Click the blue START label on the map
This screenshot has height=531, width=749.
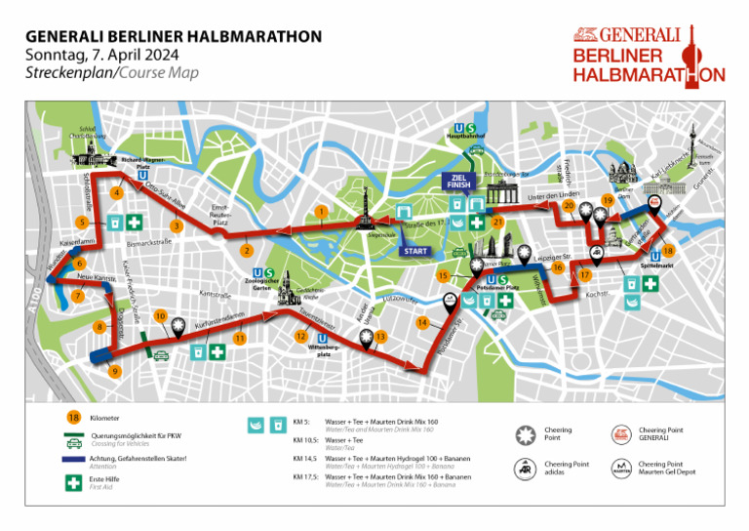click(x=414, y=251)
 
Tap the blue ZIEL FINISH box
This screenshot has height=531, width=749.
click(x=459, y=181)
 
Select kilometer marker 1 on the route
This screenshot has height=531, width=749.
click(x=321, y=212)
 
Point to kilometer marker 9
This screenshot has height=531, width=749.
click(x=115, y=371)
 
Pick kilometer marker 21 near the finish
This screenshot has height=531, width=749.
click(x=497, y=222)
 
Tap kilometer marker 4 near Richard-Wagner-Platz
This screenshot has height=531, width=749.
click(x=117, y=192)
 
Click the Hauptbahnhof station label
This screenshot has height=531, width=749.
click(x=465, y=137)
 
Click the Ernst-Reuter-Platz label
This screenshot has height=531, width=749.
click(x=221, y=216)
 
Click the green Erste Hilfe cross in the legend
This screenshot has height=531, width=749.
click(x=72, y=482)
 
